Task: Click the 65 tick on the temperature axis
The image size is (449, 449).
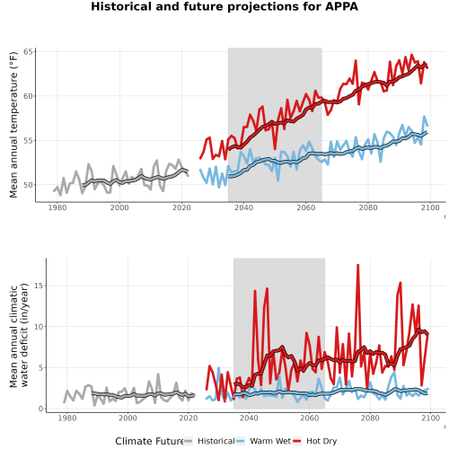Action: (x=28, y=52)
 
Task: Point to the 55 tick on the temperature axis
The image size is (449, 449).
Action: (x=28, y=140)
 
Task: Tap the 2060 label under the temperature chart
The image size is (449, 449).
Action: (x=306, y=207)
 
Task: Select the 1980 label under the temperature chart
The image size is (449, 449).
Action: (x=57, y=207)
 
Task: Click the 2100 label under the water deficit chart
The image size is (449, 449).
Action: (x=430, y=418)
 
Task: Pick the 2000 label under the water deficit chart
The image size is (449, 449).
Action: (x=128, y=418)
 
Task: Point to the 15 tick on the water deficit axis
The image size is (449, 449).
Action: (x=39, y=286)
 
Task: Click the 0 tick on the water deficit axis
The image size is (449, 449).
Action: (x=41, y=409)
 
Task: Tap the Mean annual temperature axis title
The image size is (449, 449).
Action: (x=13, y=125)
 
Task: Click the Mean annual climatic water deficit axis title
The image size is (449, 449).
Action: (x=19, y=335)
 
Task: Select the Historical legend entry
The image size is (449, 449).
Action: (x=209, y=441)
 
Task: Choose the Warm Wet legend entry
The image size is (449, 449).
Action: (x=264, y=441)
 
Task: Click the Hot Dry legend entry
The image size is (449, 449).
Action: (x=315, y=441)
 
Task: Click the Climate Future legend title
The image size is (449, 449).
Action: (x=149, y=441)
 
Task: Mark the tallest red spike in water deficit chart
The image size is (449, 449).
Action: (x=357, y=265)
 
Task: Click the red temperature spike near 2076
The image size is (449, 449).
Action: (x=356, y=61)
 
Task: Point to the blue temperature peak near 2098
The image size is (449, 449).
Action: (x=424, y=117)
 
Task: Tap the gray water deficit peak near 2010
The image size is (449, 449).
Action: (x=158, y=374)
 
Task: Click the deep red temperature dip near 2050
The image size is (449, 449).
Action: (x=275, y=148)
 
